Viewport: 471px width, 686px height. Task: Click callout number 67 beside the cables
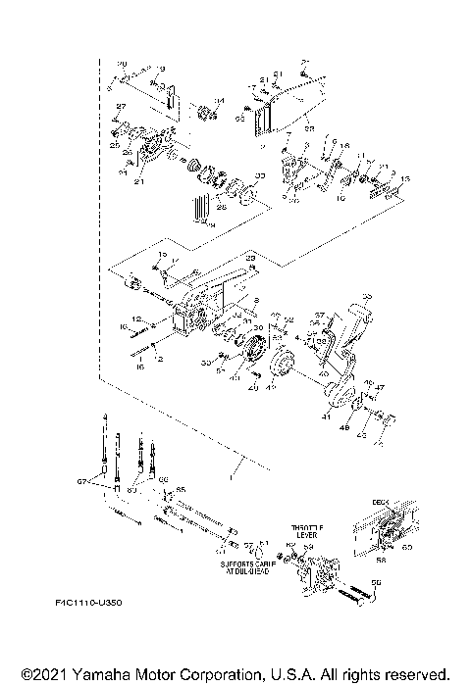pyautogui.click(x=82, y=481)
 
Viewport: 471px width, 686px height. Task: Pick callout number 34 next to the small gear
pyautogui.click(x=219, y=101)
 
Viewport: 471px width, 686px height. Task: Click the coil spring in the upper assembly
pyautogui.click(x=202, y=209)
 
